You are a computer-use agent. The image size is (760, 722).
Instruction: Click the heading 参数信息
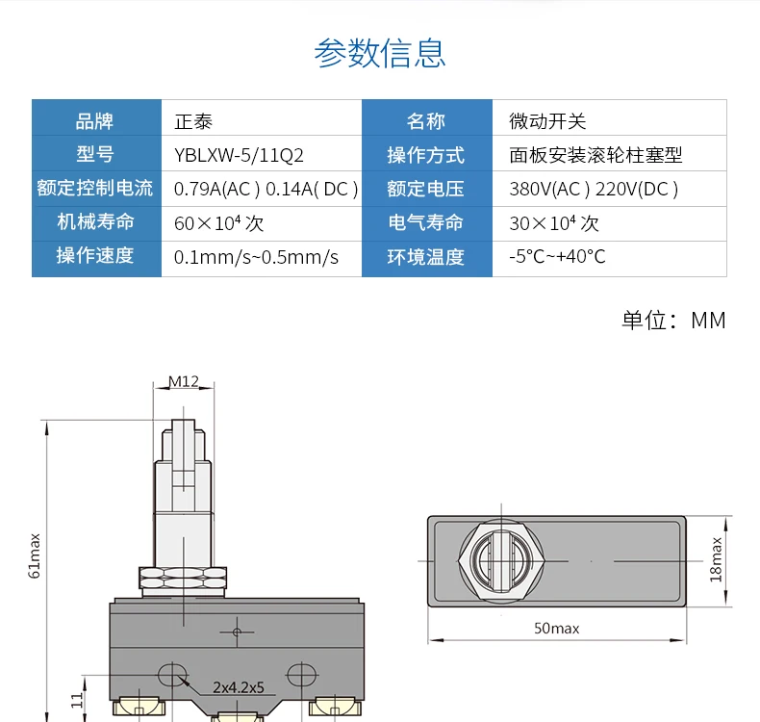click(x=380, y=53)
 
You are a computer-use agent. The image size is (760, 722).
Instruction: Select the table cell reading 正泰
click(x=192, y=121)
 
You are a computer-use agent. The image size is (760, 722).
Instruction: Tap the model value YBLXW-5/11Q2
click(x=239, y=155)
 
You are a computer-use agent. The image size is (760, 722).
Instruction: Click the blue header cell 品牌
click(x=95, y=121)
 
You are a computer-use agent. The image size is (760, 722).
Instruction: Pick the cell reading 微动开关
click(x=547, y=121)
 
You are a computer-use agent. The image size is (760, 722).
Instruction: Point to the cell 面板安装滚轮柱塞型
click(x=595, y=155)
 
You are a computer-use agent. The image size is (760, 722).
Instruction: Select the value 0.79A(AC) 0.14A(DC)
click(x=266, y=189)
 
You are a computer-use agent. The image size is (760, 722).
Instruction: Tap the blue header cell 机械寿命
click(x=95, y=222)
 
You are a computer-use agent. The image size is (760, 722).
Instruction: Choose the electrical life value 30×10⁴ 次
click(x=554, y=223)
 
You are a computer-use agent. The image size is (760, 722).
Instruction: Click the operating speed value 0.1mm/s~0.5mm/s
click(x=256, y=257)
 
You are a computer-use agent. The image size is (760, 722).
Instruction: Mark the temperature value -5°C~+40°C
click(x=557, y=257)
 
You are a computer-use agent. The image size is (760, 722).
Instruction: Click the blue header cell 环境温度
click(x=426, y=257)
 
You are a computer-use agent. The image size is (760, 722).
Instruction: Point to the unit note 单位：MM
click(x=673, y=321)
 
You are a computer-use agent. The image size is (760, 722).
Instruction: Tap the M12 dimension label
click(x=183, y=381)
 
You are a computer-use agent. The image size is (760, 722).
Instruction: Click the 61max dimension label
click(x=36, y=554)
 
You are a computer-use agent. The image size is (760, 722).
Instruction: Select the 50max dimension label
click(x=557, y=629)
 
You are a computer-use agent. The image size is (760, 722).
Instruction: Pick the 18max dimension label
click(x=716, y=559)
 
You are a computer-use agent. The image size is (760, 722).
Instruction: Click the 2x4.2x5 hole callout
click(x=239, y=688)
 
